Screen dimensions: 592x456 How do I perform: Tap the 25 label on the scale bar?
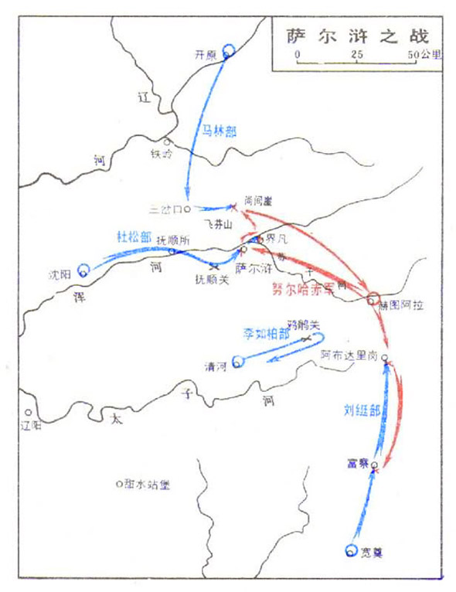(356, 56)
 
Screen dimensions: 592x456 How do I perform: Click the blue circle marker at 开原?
(229, 52)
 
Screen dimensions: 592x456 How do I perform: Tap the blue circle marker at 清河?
(238, 359)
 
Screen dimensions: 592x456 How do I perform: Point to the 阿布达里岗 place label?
(349, 354)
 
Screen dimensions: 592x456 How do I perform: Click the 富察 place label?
(359, 464)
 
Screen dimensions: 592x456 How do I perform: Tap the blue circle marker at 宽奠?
(352, 550)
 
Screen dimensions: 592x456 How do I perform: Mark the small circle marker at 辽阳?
(28, 413)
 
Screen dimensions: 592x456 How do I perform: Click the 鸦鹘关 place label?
(302, 322)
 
